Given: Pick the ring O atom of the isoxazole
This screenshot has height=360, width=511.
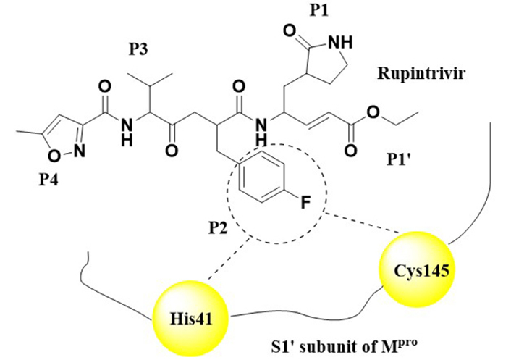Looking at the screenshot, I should tap(53, 155).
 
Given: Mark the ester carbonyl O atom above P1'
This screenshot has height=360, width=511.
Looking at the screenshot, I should tap(352, 151).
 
